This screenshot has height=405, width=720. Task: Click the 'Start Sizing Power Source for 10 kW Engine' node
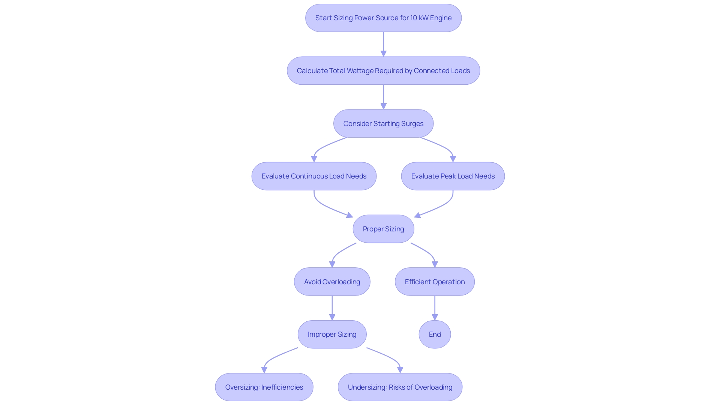coord(383,18)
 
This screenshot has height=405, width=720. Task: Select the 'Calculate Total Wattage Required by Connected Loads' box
coord(383,71)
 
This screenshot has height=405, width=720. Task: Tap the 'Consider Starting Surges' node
coord(383,124)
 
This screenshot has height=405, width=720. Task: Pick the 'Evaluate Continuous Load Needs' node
coord(314,176)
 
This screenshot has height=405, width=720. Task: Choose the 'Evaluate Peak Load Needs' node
coord(453,176)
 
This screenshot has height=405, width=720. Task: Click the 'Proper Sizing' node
coord(383,229)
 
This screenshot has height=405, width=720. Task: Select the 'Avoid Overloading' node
coord(332,282)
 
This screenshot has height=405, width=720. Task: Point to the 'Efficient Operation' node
coord(435,282)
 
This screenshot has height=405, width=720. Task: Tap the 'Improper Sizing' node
coord(332,334)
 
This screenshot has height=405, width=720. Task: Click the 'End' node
coord(435,334)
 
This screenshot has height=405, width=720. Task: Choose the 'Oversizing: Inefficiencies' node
coord(264,387)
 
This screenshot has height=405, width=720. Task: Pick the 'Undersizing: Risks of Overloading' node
coord(400,387)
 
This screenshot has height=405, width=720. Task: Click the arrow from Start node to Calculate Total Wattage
coord(383,44)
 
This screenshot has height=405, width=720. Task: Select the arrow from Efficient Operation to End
coord(435,307)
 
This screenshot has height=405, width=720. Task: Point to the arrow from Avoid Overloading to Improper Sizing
coord(332,307)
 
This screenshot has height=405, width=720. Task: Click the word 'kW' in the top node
coord(423,18)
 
